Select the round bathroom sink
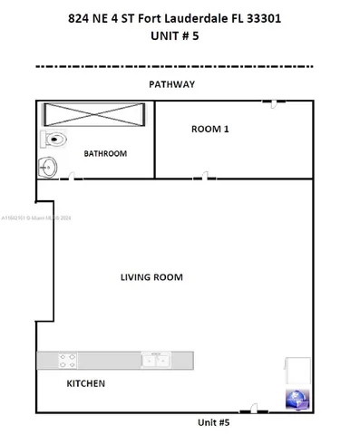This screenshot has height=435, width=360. [x=47, y=167]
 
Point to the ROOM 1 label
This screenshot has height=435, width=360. [x=209, y=129]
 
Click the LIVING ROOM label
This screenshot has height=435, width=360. [x=151, y=277]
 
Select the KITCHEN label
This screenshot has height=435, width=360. [x=86, y=383]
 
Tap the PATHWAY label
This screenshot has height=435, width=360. [x=172, y=83]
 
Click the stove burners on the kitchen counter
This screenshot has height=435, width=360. [x=68, y=360]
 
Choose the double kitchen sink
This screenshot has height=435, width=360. [x=155, y=360]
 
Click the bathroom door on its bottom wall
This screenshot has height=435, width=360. [x=68, y=178]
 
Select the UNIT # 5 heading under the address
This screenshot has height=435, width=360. [x=179, y=38]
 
